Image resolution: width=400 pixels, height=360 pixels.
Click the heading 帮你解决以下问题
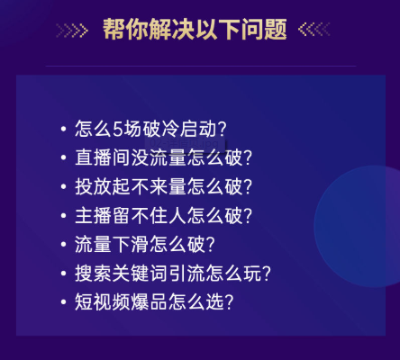tap(195, 29)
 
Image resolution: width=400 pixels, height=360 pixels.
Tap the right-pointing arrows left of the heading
tap(72, 31)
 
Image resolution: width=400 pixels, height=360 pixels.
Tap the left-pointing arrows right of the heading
tap(314, 30)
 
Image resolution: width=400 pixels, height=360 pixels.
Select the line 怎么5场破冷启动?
tap(150, 129)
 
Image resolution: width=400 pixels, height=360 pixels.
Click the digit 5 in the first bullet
tap(117, 130)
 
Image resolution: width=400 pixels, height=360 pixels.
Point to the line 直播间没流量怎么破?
tap(163, 157)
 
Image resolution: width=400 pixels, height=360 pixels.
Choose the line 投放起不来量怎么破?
tap(163, 186)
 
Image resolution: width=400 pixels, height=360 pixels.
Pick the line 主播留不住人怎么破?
tap(163, 215)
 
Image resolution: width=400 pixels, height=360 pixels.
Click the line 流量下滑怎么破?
tap(145, 244)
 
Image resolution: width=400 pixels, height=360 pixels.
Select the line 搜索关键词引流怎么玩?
tap(173, 273)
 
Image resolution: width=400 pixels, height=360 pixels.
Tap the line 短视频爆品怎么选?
tap(154, 301)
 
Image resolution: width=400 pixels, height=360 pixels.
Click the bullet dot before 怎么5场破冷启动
tap(63, 129)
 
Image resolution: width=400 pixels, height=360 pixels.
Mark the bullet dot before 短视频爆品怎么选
tap(63, 301)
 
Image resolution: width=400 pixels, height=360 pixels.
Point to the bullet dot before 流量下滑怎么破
tap(63, 244)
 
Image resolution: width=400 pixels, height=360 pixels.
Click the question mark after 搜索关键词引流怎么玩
tap(266, 274)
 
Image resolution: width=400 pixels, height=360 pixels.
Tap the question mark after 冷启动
tap(223, 129)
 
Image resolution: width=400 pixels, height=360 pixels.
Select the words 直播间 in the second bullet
tap(103, 157)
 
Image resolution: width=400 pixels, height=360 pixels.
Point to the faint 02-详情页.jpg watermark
tap(186, 143)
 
